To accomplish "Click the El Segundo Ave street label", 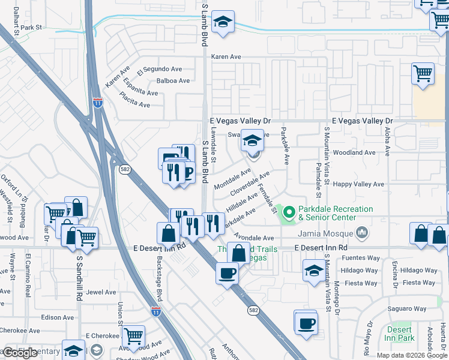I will (x=159, y=70).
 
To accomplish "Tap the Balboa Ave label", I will (x=173, y=80).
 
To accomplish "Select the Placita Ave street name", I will (x=134, y=100).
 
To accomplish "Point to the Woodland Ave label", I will (x=354, y=153).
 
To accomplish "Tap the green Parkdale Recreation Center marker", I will (x=289, y=212).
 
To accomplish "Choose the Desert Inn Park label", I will (x=399, y=334).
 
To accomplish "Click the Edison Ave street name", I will (x=58, y=317).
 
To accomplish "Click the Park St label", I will (x=31, y=28).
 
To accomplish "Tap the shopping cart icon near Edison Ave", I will (x=133, y=336).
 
